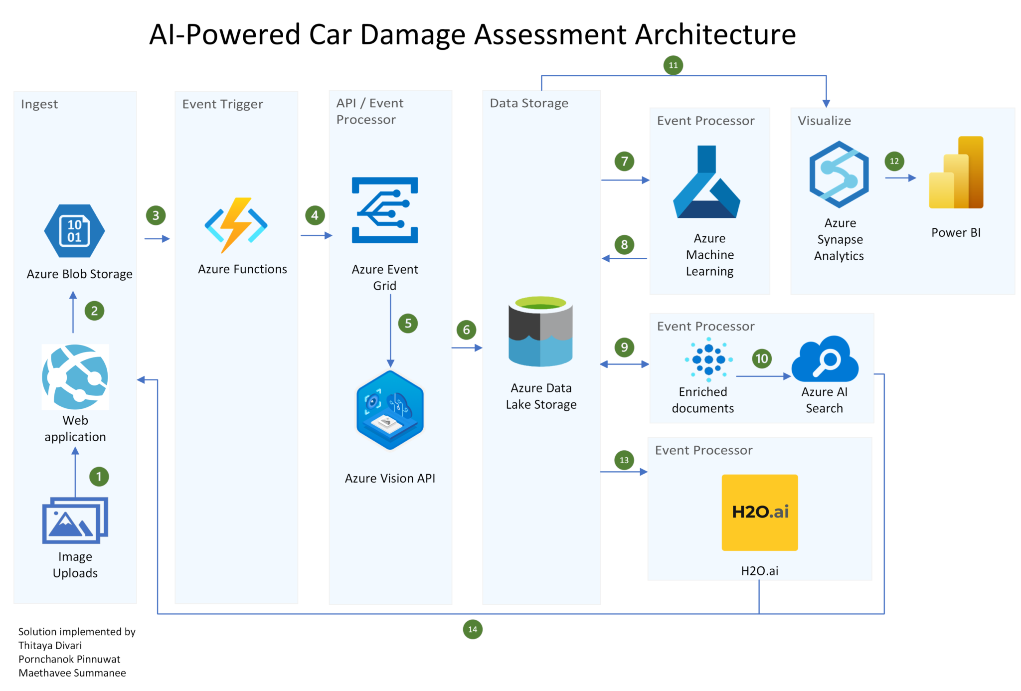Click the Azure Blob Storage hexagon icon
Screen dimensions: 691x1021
point(74,231)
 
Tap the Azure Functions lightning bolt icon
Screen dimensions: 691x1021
point(236,225)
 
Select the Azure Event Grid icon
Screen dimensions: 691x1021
point(384,210)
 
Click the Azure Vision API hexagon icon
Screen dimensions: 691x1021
point(390,410)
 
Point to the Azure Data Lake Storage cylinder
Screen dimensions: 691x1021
point(540,332)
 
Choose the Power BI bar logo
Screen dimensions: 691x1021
point(956,173)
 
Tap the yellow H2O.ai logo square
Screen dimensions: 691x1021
point(759,512)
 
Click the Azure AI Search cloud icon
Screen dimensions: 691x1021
point(825,359)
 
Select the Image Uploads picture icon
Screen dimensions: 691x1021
point(75,520)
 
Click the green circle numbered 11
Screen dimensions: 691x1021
point(673,65)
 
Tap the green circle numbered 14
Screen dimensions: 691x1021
point(472,629)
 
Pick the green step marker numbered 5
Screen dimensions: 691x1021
point(408,324)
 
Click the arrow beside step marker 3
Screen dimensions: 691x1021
point(157,239)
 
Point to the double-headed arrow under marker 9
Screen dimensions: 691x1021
point(624,364)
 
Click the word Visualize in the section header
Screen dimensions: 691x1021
point(824,121)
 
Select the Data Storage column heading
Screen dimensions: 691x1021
point(528,103)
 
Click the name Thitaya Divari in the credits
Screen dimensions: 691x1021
point(50,645)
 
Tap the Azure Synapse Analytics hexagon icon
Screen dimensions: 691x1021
point(839,174)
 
